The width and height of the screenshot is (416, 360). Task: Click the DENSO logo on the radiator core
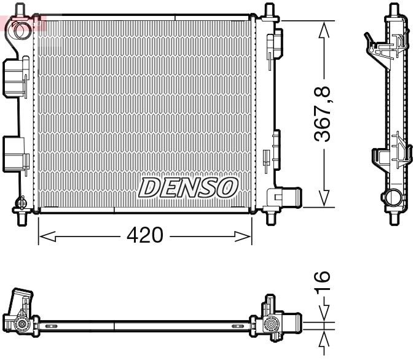(x=189, y=187)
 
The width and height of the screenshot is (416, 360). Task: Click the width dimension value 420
(x=146, y=235)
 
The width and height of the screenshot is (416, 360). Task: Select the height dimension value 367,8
(x=323, y=114)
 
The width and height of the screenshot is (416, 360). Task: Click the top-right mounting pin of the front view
(x=269, y=10)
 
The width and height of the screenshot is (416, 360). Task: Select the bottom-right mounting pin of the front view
(x=269, y=216)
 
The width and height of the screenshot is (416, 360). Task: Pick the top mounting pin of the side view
(x=392, y=10)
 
